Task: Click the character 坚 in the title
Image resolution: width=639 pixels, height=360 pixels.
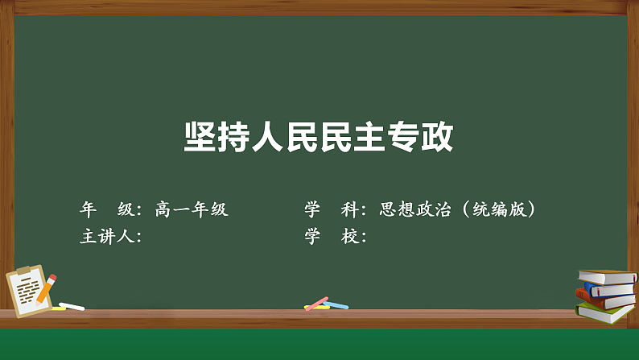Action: pos(200,137)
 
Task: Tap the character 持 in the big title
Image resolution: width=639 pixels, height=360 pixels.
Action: pos(233,137)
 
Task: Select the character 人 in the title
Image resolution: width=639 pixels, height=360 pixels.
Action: pos(267,137)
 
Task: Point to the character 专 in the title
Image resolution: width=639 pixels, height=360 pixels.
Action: pos(402,137)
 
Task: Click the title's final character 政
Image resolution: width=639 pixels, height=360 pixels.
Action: pos(437,137)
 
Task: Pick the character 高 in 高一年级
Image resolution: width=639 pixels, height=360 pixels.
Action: pos(163,209)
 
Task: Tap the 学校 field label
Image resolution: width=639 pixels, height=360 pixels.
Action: pos(332,237)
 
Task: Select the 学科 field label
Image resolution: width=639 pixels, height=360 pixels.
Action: pos(332,209)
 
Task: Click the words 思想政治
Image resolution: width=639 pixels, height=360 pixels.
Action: pos(415,209)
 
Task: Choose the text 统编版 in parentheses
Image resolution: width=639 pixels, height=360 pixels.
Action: pos(500,209)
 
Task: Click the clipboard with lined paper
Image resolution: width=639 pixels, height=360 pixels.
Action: pos(28,291)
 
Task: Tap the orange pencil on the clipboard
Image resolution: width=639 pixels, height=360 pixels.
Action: pos(47,290)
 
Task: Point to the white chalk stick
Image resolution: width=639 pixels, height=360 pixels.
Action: pos(72,306)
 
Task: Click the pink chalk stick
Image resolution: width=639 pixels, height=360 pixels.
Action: pos(316,304)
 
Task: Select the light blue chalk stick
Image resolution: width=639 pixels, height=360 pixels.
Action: pos(336,305)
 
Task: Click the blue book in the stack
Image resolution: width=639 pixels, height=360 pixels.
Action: pos(610,289)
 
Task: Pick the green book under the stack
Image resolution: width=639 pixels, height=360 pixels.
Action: pos(605,313)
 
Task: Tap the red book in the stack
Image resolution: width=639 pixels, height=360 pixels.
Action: pos(604,300)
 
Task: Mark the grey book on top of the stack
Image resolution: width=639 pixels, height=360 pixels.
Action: pos(608,277)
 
